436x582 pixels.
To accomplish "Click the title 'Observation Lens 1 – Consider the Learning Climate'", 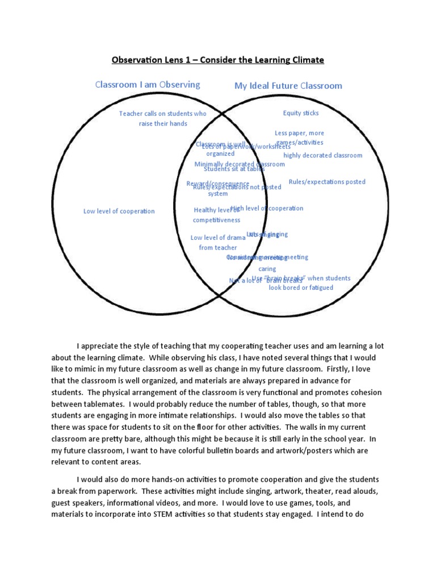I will (x=217, y=60).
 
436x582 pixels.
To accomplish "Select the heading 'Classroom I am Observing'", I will (x=148, y=85).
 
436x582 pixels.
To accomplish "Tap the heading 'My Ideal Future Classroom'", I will (x=288, y=86).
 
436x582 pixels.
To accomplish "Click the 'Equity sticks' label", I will (x=301, y=113).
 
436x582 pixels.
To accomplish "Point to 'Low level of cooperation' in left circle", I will (x=119, y=211).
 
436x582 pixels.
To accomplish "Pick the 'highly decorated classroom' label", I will (x=322, y=155).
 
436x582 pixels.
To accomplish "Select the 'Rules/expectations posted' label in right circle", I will (x=327, y=182).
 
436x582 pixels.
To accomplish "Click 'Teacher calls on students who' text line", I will (x=163, y=114).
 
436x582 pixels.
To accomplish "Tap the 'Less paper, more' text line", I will (x=299, y=133).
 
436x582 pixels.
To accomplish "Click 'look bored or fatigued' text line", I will (x=301, y=288).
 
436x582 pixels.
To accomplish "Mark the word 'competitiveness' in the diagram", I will (x=216, y=220).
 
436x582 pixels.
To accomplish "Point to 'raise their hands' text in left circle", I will (x=163, y=123).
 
